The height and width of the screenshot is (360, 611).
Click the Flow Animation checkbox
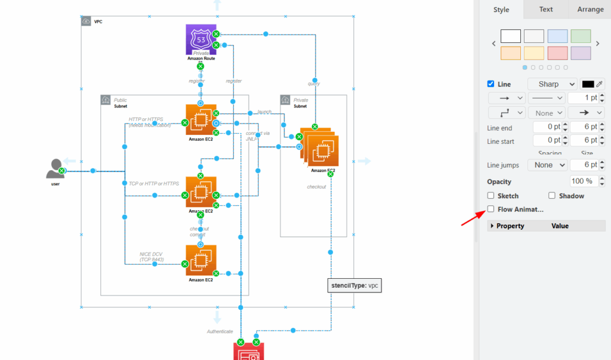tap(490, 209)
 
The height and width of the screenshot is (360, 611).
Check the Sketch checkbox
tap(490, 196)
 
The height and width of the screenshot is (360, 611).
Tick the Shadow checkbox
tap(552, 196)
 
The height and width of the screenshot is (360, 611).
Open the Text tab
tap(545, 10)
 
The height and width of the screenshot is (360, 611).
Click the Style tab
tap(501, 10)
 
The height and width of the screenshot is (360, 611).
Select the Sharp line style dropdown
tap(552, 84)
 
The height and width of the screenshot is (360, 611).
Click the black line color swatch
tap(588, 84)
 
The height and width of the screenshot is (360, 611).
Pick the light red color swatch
tap(557, 53)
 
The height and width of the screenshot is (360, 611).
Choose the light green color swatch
tap(581, 36)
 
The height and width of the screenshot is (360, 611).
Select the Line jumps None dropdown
tap(547, 165)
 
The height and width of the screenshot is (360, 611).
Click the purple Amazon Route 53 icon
tap(201, 39)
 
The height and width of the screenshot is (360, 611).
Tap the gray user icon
tap(55, 169)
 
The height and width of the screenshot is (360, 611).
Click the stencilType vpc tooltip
tap(355, 285)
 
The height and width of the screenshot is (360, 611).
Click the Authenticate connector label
tap(220, 331)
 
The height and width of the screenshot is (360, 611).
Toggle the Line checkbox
tap(491, 84)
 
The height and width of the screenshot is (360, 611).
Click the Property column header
tap(510, 226)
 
